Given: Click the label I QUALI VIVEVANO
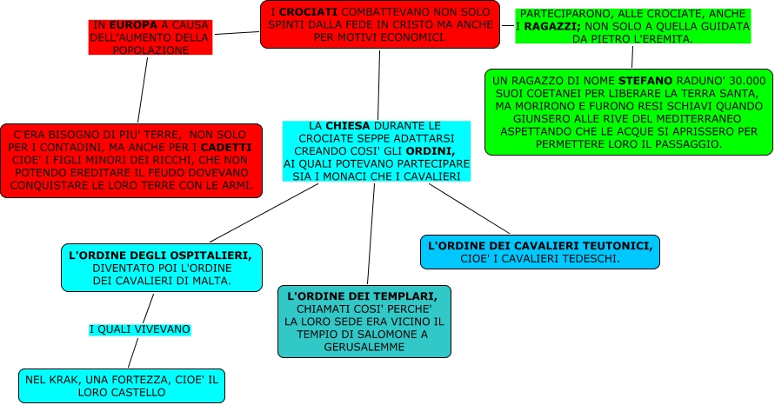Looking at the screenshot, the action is click(x=140, y=329).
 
